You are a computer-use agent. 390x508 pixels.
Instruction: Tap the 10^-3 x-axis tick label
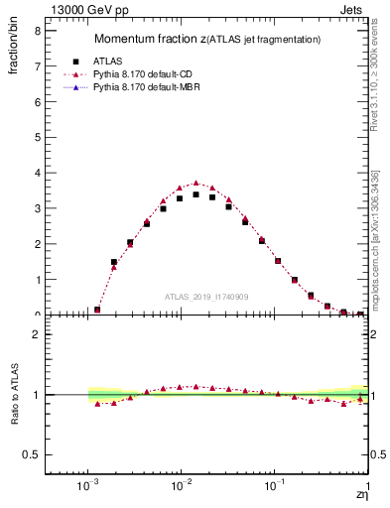(87, 488)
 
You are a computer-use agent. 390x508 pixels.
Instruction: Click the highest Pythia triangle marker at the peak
(196, 184)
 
